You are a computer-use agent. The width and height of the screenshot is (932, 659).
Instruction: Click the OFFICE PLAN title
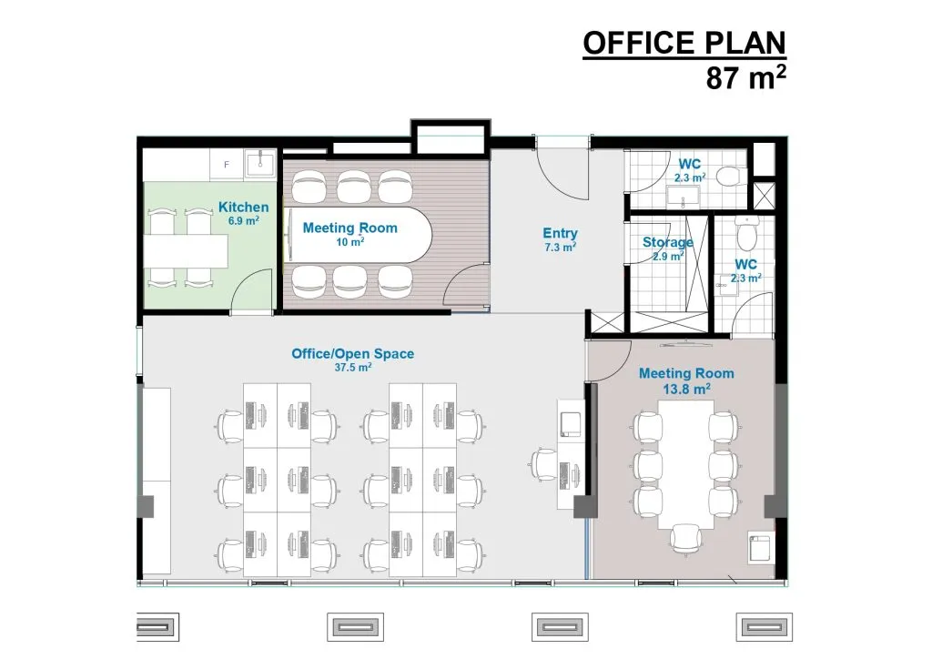click(684, 43)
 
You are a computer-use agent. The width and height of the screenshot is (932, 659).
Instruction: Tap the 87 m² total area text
click(746, 77)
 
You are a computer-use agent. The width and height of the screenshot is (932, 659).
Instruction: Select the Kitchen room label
click(244, 207)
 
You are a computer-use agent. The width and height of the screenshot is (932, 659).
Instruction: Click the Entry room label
click(560, 234)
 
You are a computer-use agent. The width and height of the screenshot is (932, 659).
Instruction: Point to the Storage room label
click(667, 242)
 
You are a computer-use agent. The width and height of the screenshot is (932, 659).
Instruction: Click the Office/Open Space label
click(352, 353)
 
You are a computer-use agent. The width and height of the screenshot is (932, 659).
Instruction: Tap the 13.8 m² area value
click(686, 390)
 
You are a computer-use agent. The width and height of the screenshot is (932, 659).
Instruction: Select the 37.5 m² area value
click(353, 367)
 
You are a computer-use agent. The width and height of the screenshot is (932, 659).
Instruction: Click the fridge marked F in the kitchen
click(227, 165)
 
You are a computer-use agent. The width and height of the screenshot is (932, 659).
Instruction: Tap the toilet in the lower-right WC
click(746, 232)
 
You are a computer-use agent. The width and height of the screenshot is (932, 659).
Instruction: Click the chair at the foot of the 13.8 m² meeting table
click(686, 539)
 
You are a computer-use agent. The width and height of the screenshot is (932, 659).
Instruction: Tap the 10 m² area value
click(350, 242)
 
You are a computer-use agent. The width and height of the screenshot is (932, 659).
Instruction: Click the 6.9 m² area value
click(244, 221)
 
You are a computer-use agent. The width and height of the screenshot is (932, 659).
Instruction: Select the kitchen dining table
click(187, 250)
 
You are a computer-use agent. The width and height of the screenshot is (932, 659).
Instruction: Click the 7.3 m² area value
click(560, 248)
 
